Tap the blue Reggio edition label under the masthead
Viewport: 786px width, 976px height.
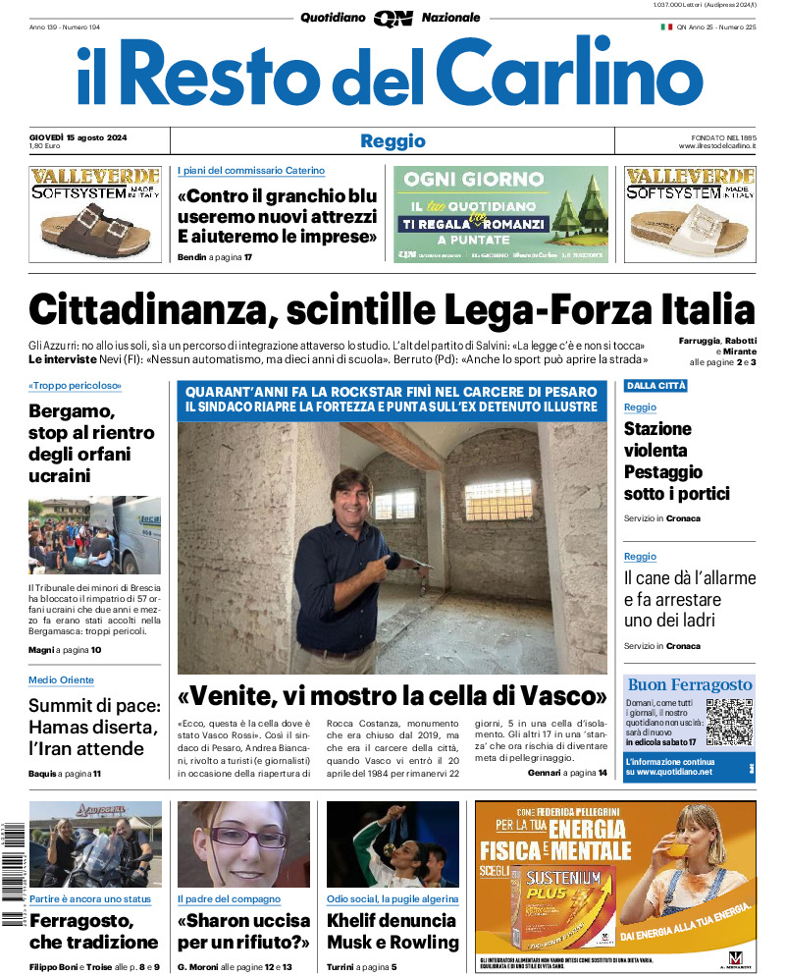coord(393,140)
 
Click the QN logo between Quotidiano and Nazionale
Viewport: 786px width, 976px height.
coord(393,18)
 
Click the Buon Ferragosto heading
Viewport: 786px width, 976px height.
coord(690,684)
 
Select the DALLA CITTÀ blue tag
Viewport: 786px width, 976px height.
coord(655,386)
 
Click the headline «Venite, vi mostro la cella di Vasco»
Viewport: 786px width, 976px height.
coord(393,697)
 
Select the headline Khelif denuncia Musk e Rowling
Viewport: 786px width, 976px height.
coord(393,931)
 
